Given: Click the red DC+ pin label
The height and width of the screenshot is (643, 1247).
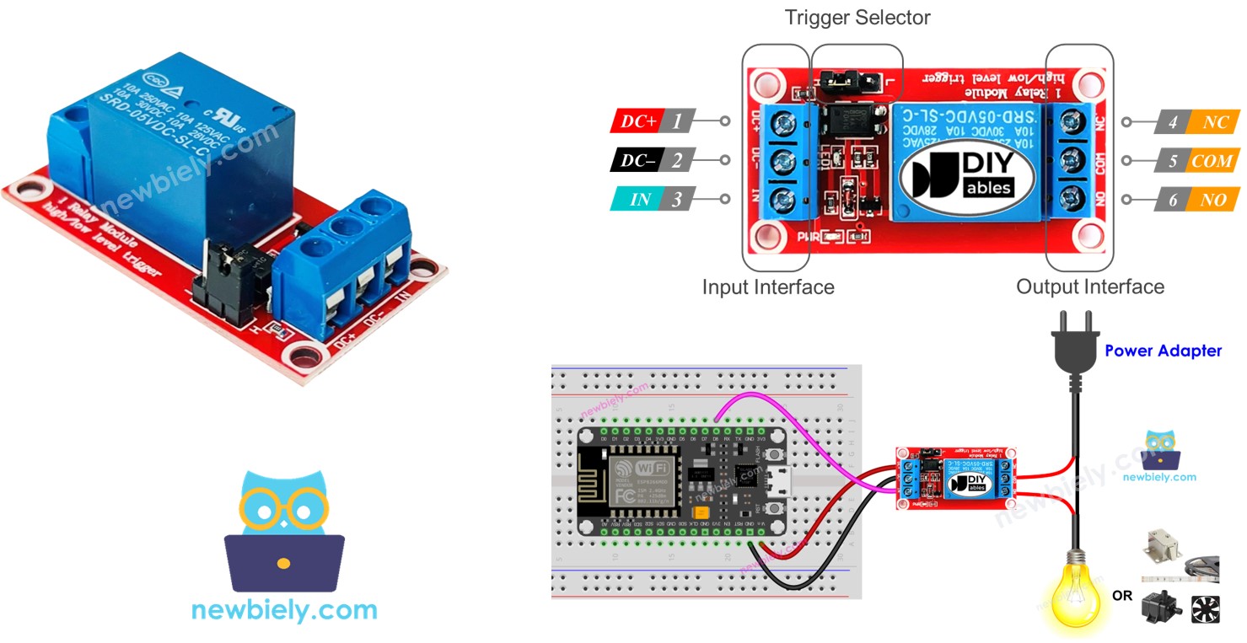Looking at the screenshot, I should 637,121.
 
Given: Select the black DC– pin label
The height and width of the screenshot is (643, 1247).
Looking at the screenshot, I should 637,160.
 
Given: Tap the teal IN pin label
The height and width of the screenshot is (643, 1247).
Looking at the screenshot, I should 640,200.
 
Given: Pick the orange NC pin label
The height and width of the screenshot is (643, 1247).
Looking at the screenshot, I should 1215,122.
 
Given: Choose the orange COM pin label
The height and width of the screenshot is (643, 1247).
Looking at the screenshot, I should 1212,161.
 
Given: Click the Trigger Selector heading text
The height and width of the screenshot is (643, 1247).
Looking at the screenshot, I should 857,18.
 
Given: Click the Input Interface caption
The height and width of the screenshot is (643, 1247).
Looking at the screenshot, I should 768,287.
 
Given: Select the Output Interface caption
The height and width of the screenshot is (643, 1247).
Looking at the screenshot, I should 1089,287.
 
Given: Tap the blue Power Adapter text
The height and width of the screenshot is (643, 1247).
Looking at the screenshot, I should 1163,351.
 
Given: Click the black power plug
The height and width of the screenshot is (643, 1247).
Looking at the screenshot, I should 1077,346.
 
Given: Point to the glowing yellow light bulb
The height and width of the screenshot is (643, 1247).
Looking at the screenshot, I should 1077,590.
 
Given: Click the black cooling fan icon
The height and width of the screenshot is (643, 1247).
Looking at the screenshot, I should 1205,609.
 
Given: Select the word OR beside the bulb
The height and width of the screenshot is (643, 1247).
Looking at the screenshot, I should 1121,596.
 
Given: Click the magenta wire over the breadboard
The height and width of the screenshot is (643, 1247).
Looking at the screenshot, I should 801,438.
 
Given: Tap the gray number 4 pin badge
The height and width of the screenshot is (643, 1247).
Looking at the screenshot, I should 1173,122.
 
